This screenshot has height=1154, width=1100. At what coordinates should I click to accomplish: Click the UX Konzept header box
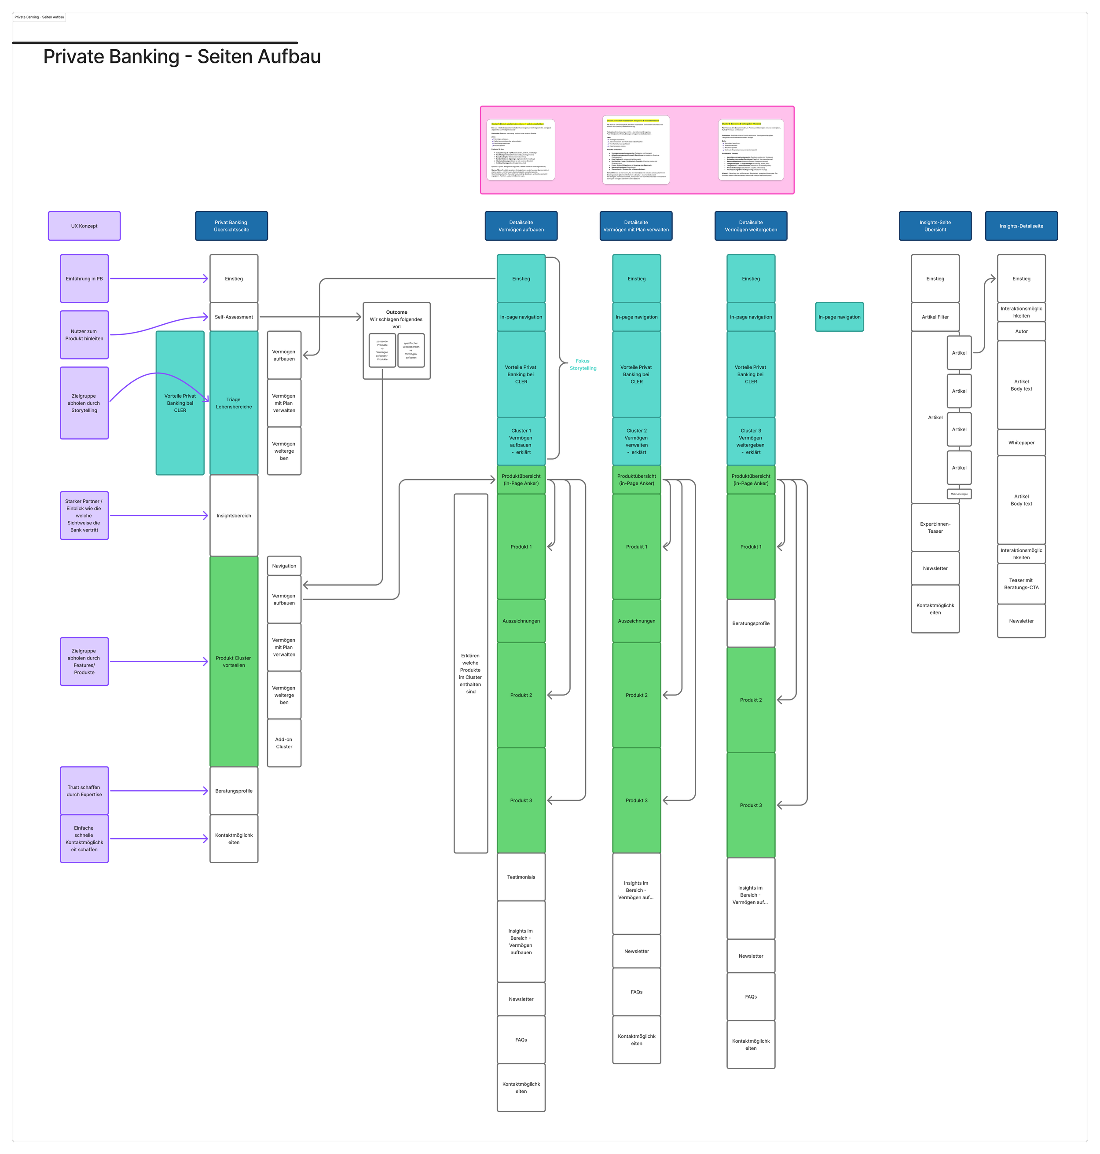pos(84,226)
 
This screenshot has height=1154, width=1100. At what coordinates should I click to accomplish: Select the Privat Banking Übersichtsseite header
pos(231,226)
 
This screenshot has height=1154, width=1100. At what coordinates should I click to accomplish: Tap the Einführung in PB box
pos(84,278)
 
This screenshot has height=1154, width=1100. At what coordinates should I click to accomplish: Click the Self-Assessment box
pos(233,317)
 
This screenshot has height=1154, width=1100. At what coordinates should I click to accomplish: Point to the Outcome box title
pos(396,312)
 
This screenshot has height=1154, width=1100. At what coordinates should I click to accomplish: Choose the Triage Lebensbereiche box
pos(233,403)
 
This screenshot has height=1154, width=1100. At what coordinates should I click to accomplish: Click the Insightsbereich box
pos(233,516)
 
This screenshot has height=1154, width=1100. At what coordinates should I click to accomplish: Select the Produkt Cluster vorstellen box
pos(233,661)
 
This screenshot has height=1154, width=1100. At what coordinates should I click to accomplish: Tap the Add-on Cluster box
pos(284,743)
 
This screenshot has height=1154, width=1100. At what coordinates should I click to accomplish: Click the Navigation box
pos(284,566)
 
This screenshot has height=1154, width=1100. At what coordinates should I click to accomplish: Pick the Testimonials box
pos(521,877)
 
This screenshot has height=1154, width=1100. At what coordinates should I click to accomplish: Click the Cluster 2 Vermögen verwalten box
pos(636,441)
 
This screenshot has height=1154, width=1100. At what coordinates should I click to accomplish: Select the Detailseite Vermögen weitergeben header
pos(751,226)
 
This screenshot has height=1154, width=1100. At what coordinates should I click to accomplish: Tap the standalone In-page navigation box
pos(839,317)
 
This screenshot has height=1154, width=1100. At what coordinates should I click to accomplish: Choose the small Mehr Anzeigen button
pos(959,494)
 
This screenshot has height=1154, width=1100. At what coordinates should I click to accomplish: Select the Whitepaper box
pos(1021,443)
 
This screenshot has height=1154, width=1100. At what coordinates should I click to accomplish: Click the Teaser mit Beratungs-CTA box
pos(1021,583)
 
